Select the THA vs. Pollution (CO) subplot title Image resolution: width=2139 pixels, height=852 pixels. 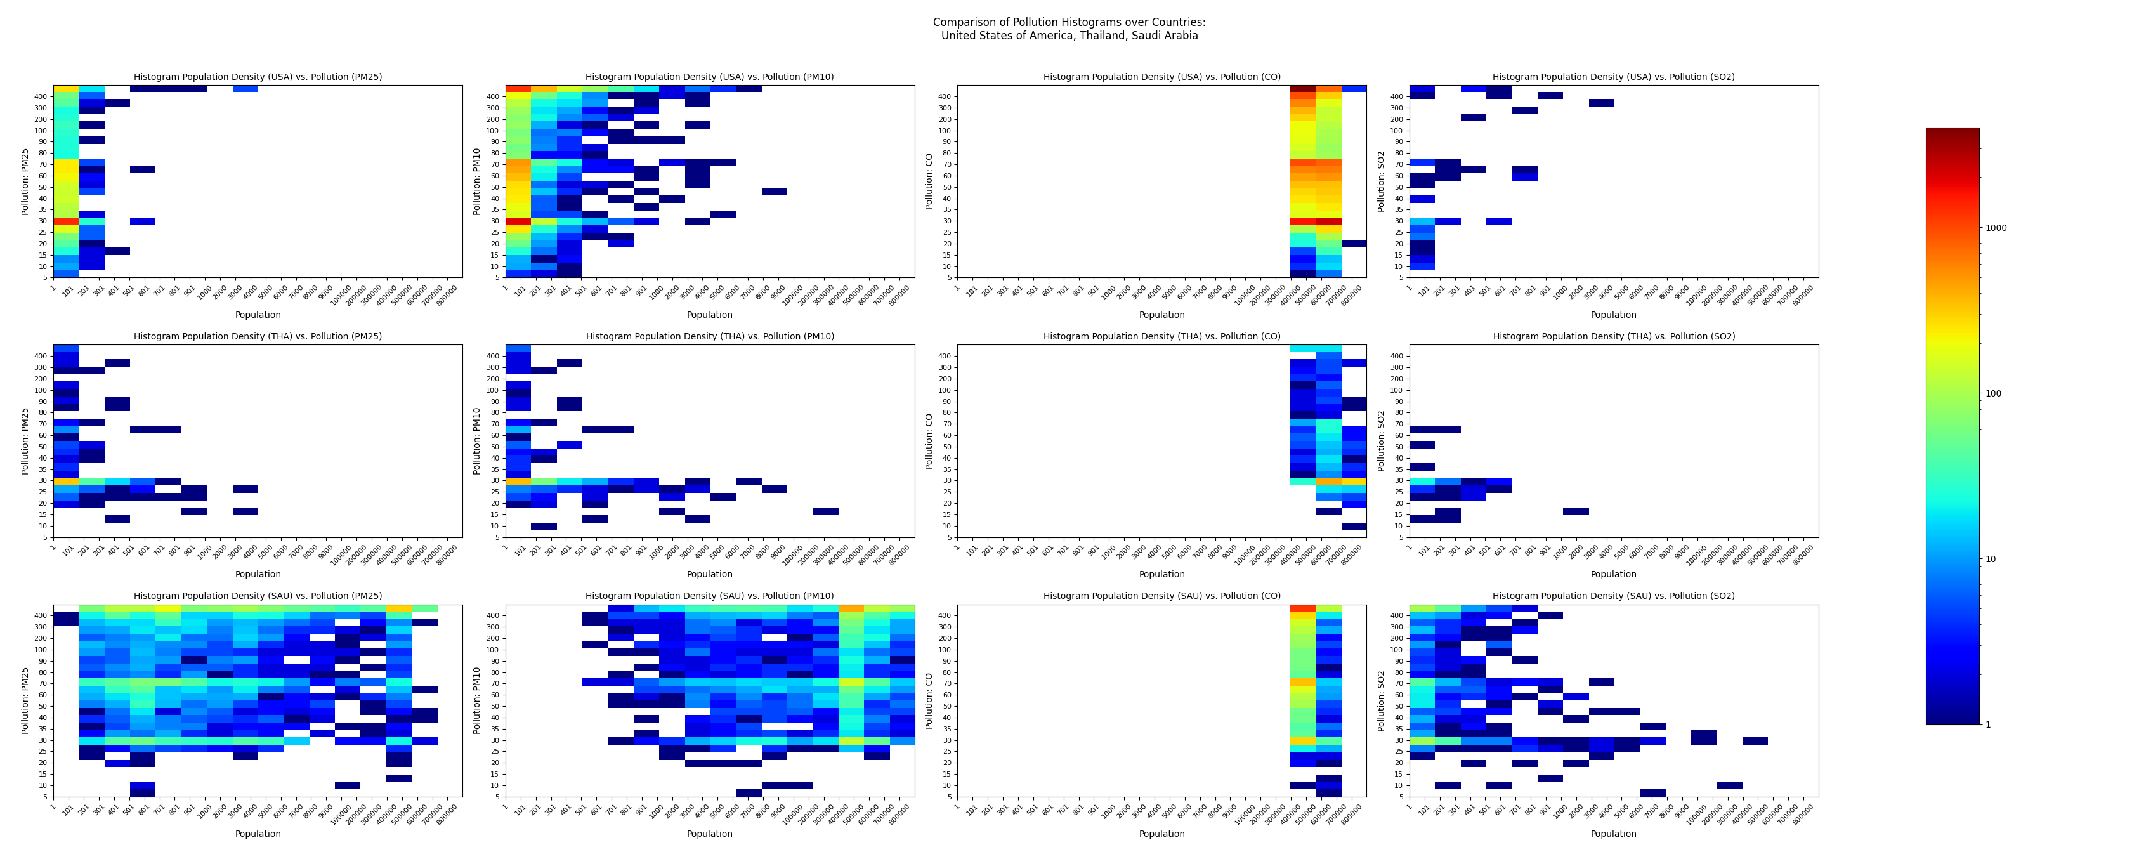(x=1161, y=336)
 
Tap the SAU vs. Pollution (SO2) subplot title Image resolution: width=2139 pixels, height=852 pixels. (x=1613, y=596)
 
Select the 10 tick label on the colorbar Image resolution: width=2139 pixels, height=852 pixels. (x=1991, y=559)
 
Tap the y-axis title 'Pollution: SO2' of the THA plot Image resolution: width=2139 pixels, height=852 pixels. (x=1381, y=441)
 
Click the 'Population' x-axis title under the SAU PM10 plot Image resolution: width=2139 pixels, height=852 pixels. (x=709, y=834)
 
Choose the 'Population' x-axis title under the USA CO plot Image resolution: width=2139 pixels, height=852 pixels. (x=1161, y=315)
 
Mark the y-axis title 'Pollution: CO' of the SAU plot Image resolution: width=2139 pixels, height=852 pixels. (x=929, y=701)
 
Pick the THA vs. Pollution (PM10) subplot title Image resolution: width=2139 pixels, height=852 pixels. (x=710, y=336)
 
